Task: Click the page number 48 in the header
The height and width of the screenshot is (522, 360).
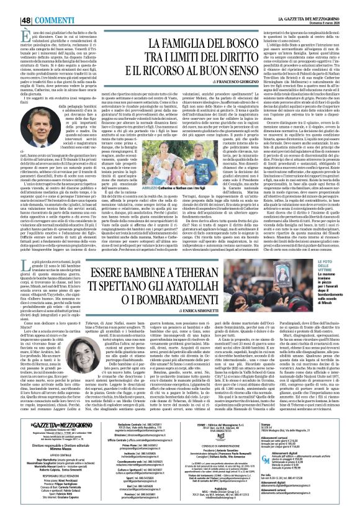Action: (10, 6)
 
